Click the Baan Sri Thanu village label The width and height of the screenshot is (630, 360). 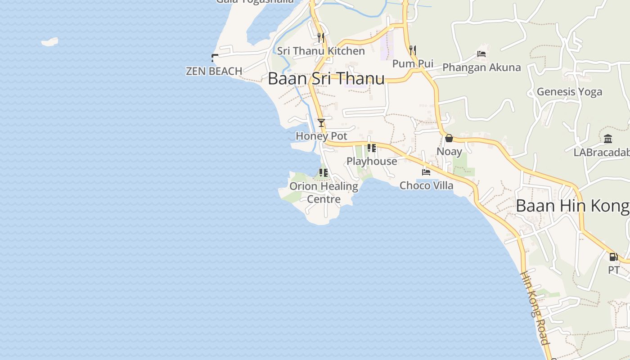[326, 78]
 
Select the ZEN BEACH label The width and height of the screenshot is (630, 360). [214, 71]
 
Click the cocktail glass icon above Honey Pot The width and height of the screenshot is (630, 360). [321, 122]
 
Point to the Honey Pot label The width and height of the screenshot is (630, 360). [321, 136]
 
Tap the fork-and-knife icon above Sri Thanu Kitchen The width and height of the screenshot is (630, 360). [321, 37]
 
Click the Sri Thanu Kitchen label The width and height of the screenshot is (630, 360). [321, 51]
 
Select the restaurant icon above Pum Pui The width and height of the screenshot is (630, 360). [412, 50]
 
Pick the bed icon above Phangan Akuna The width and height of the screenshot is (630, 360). [481, 54]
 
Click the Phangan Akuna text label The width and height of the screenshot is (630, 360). [481, 67]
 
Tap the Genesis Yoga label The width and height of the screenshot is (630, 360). [569, 92]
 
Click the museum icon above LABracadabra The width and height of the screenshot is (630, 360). [608, 139]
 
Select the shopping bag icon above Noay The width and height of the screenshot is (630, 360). [449, 138]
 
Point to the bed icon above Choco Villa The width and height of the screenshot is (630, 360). [426, 172]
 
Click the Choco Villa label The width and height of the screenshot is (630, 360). [427, 185]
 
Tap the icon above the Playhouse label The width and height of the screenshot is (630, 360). [372, 148]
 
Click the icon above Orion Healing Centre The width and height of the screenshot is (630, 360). [323, 172]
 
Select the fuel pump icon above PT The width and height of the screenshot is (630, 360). [613, 257]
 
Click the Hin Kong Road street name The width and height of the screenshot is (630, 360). [535, 307]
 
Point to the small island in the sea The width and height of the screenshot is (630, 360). [50, 42]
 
